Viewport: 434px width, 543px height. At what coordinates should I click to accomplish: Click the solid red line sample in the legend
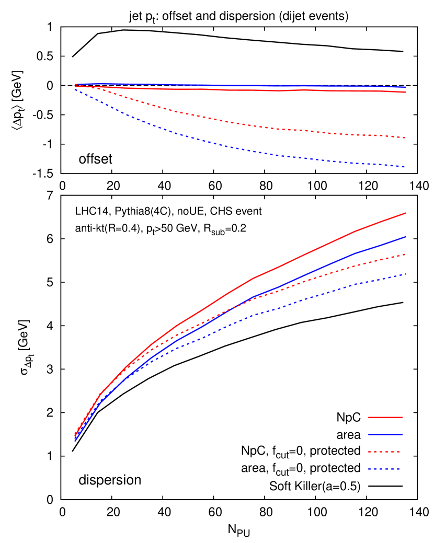(x=385, y=417)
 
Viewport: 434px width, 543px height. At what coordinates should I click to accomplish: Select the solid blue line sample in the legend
(x=385, y=434)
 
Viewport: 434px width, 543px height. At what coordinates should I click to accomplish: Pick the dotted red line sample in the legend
(x=384, y=451)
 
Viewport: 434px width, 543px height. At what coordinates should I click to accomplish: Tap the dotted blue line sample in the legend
(x=384, y=469)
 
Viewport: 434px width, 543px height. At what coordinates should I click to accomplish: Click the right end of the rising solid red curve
(x=406, y=213)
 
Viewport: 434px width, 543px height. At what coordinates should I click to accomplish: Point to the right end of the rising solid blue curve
(x=406, y=237)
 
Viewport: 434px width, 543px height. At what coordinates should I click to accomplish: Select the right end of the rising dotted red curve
(x=406, y=255)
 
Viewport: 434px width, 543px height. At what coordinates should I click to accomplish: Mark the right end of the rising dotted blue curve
(x=406, y=274)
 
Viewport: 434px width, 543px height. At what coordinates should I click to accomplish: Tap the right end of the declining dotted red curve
(x=406, y=138)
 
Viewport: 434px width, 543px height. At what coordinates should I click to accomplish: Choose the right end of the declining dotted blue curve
(x=406, y=167)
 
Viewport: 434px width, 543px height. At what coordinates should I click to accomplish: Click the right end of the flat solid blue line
(x=406, y=87)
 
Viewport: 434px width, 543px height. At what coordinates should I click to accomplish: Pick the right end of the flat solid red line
(x=406, y=92)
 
